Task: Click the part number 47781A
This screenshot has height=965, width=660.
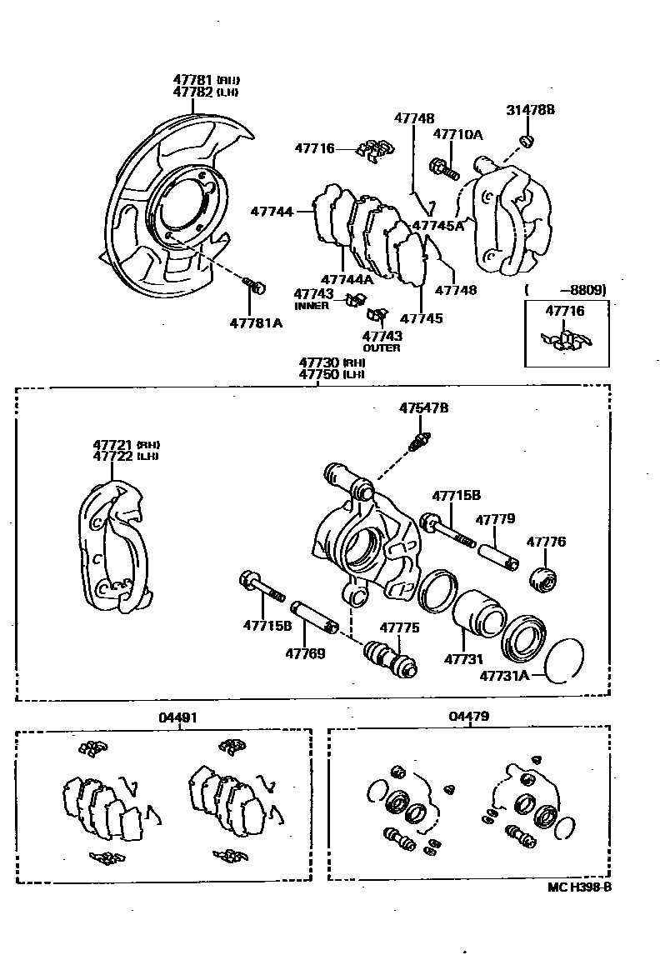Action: (x=256, y=322)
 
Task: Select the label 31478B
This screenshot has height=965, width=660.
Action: (x=530, y=110)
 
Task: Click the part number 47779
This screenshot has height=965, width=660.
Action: (x=495, y=520)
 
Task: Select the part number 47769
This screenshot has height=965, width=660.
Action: (x=305, y=653)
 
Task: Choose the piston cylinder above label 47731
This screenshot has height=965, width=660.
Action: (x=479, y=620)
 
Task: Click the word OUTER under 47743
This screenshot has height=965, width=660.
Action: (x=382, y=347)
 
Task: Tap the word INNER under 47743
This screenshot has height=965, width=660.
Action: (x=312, y=306)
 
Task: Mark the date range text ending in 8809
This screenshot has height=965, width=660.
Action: (x=567, y=290)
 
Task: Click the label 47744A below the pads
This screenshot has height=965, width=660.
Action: (x=347, y=279)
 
